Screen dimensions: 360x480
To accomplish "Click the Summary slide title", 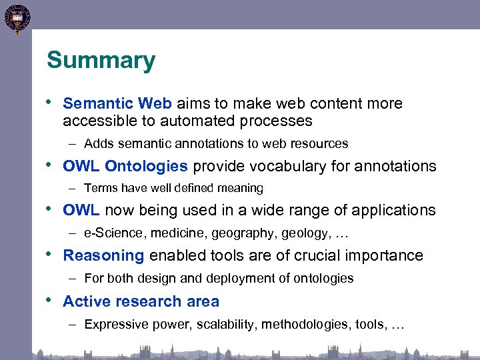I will click(x=101, y=61).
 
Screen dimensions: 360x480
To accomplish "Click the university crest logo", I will click(x=17, y=19).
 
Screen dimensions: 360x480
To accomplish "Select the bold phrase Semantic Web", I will click(x=117, y=103).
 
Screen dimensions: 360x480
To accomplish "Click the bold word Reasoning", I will click(x=103, y=255).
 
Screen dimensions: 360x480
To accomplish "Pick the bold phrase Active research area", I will click(x=141, y=301).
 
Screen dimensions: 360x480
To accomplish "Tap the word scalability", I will click(x=224, y=325).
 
